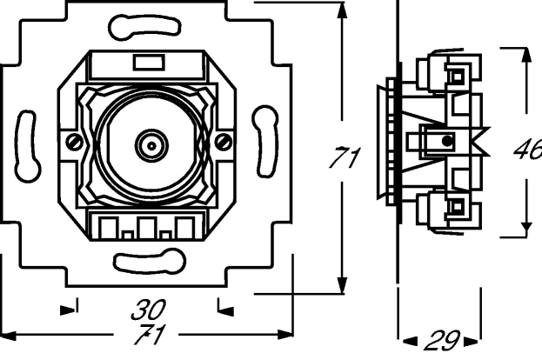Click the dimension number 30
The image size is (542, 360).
[148, 310]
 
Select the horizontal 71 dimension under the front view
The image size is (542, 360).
[150, 335]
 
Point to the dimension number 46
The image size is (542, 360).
[528, 149]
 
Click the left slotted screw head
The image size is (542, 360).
[74, 142]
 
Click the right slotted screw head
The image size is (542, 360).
[224, 142]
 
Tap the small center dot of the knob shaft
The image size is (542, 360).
[151, 146]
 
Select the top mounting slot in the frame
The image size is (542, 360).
[144, 27]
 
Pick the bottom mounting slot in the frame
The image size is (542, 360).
[150, 263]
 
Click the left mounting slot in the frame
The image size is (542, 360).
[28, 146]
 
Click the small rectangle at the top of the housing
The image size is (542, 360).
[149, 63]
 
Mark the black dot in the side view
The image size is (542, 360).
[447, 140]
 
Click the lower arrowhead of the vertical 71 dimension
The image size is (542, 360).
[342, 285]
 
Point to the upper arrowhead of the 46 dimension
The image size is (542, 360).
[526, 56]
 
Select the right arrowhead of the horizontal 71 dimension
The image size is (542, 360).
[285, 335]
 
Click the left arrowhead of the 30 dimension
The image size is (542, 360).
[68, 310]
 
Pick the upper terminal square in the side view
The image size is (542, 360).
[458, 76]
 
